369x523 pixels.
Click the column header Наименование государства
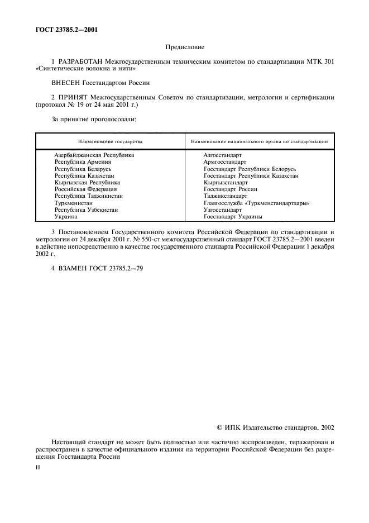pyautogui.click(x=110, y=141)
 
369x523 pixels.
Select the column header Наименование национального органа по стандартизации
pyautogui.click(x=258, y=141)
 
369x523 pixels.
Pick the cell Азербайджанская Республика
pyautogui.click(x=94, y=155)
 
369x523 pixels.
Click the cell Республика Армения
pyautogui.click(x=83, y=161)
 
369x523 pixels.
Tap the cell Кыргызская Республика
pyautogui.click(x=87, y=182)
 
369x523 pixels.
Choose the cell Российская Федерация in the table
pyautogui.click(x=85, y=189)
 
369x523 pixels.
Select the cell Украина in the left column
pyautogui.click(x=66, y=216)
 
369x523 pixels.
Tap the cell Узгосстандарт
pyautogui.click(x=223, y=210)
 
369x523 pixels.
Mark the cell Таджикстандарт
pyautogui.click(x=225, y=196)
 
